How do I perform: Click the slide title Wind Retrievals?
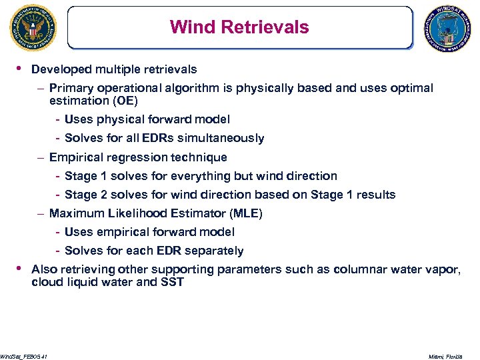239,27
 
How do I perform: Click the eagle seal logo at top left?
33,27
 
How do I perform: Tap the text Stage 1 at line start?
86,176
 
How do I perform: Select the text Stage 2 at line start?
86,195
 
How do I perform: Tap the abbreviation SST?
172,282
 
